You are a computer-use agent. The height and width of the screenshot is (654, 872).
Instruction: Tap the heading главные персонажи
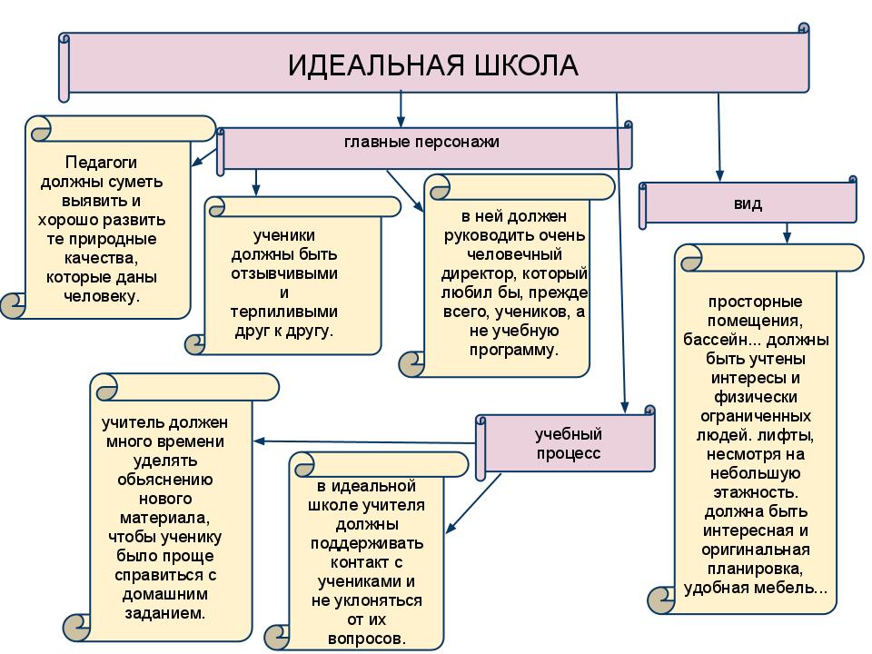point(422,142)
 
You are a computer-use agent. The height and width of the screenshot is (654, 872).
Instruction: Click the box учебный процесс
point(569,442)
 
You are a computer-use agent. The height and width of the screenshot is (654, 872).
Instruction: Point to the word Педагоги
point(101,163)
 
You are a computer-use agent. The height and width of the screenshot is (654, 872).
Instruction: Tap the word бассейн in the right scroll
point(711,339)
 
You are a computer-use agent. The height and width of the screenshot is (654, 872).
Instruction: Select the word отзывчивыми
point(284,273)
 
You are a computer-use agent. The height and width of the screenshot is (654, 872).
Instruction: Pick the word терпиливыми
point(284,311)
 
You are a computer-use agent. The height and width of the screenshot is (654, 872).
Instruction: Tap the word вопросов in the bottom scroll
point(366,639)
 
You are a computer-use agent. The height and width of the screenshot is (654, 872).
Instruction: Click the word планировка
point(755,569)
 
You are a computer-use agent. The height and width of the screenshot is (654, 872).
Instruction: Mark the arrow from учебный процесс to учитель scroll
point(363,442)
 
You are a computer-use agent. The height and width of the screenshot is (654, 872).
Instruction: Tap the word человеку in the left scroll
point(101,295)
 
